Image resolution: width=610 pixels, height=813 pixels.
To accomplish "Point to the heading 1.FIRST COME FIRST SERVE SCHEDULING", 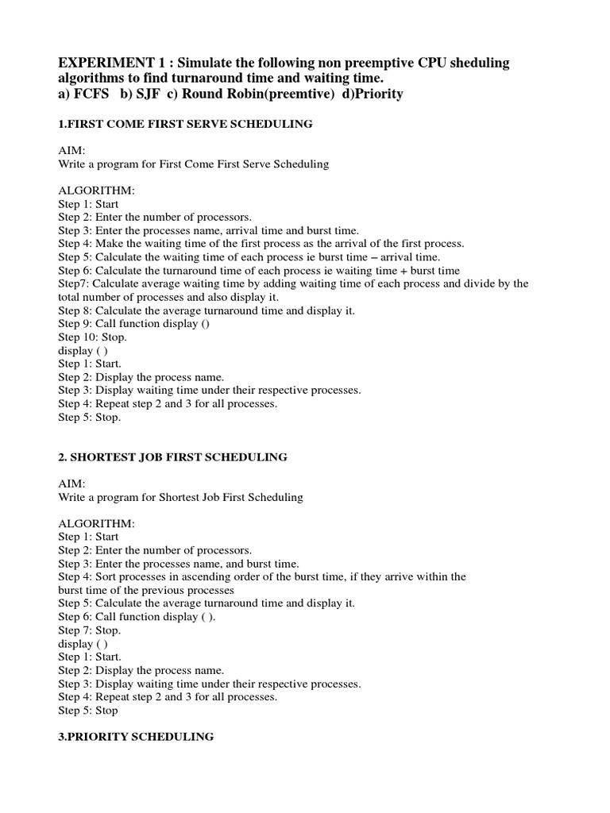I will (x=185, y=125).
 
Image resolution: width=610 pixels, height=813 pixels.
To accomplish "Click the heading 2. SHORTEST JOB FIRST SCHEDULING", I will (x=172, y=457).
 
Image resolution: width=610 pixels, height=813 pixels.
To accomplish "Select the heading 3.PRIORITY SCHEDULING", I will (x=136, y=737).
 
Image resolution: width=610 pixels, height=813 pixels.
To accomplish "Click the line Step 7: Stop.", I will (x=90, y=630).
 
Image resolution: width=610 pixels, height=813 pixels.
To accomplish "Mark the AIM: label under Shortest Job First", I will (x=71, y=484).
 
